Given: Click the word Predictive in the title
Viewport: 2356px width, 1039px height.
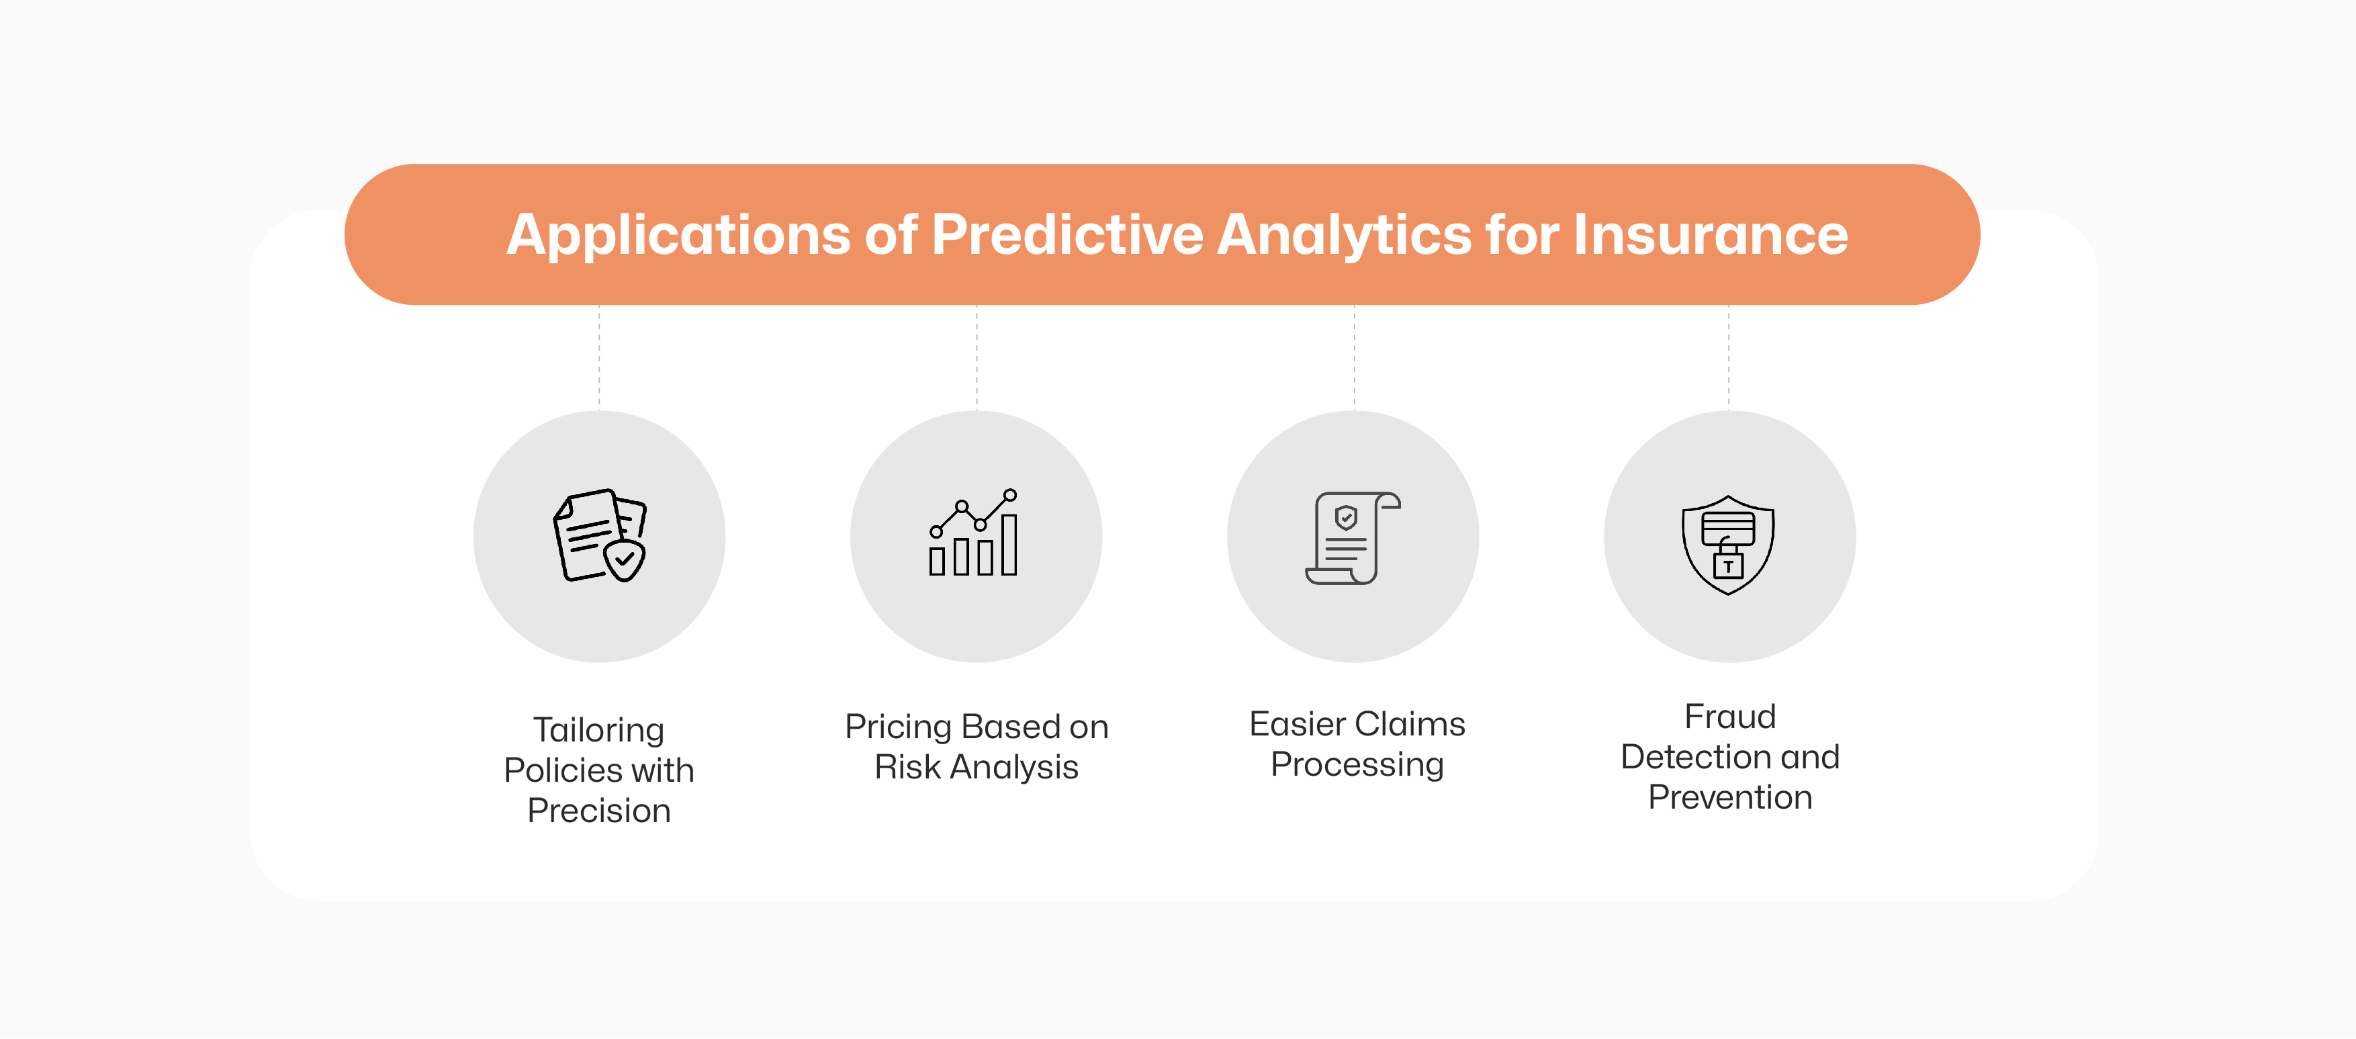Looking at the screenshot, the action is (1067, 235).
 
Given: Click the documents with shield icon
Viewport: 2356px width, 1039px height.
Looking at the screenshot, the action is (600, 536).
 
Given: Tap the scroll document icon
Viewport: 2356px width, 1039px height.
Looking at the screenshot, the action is (1353, 538).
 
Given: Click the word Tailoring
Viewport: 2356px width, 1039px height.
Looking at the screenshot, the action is (599, 730).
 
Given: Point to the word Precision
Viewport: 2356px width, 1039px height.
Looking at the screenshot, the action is (599, 811).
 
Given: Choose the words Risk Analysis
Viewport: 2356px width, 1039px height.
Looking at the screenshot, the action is (976, 768).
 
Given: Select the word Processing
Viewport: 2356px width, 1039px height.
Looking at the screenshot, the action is (1357, 764).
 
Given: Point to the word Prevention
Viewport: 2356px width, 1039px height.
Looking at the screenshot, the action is (1729, 797).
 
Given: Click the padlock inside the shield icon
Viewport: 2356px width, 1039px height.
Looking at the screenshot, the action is (1727, 563).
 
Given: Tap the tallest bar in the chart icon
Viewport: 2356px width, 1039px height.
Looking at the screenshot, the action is (1009, 545).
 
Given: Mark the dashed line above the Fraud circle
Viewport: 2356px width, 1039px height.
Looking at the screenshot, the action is (1727, 357).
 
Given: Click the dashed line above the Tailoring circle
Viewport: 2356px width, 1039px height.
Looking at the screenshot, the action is (599, 357).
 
